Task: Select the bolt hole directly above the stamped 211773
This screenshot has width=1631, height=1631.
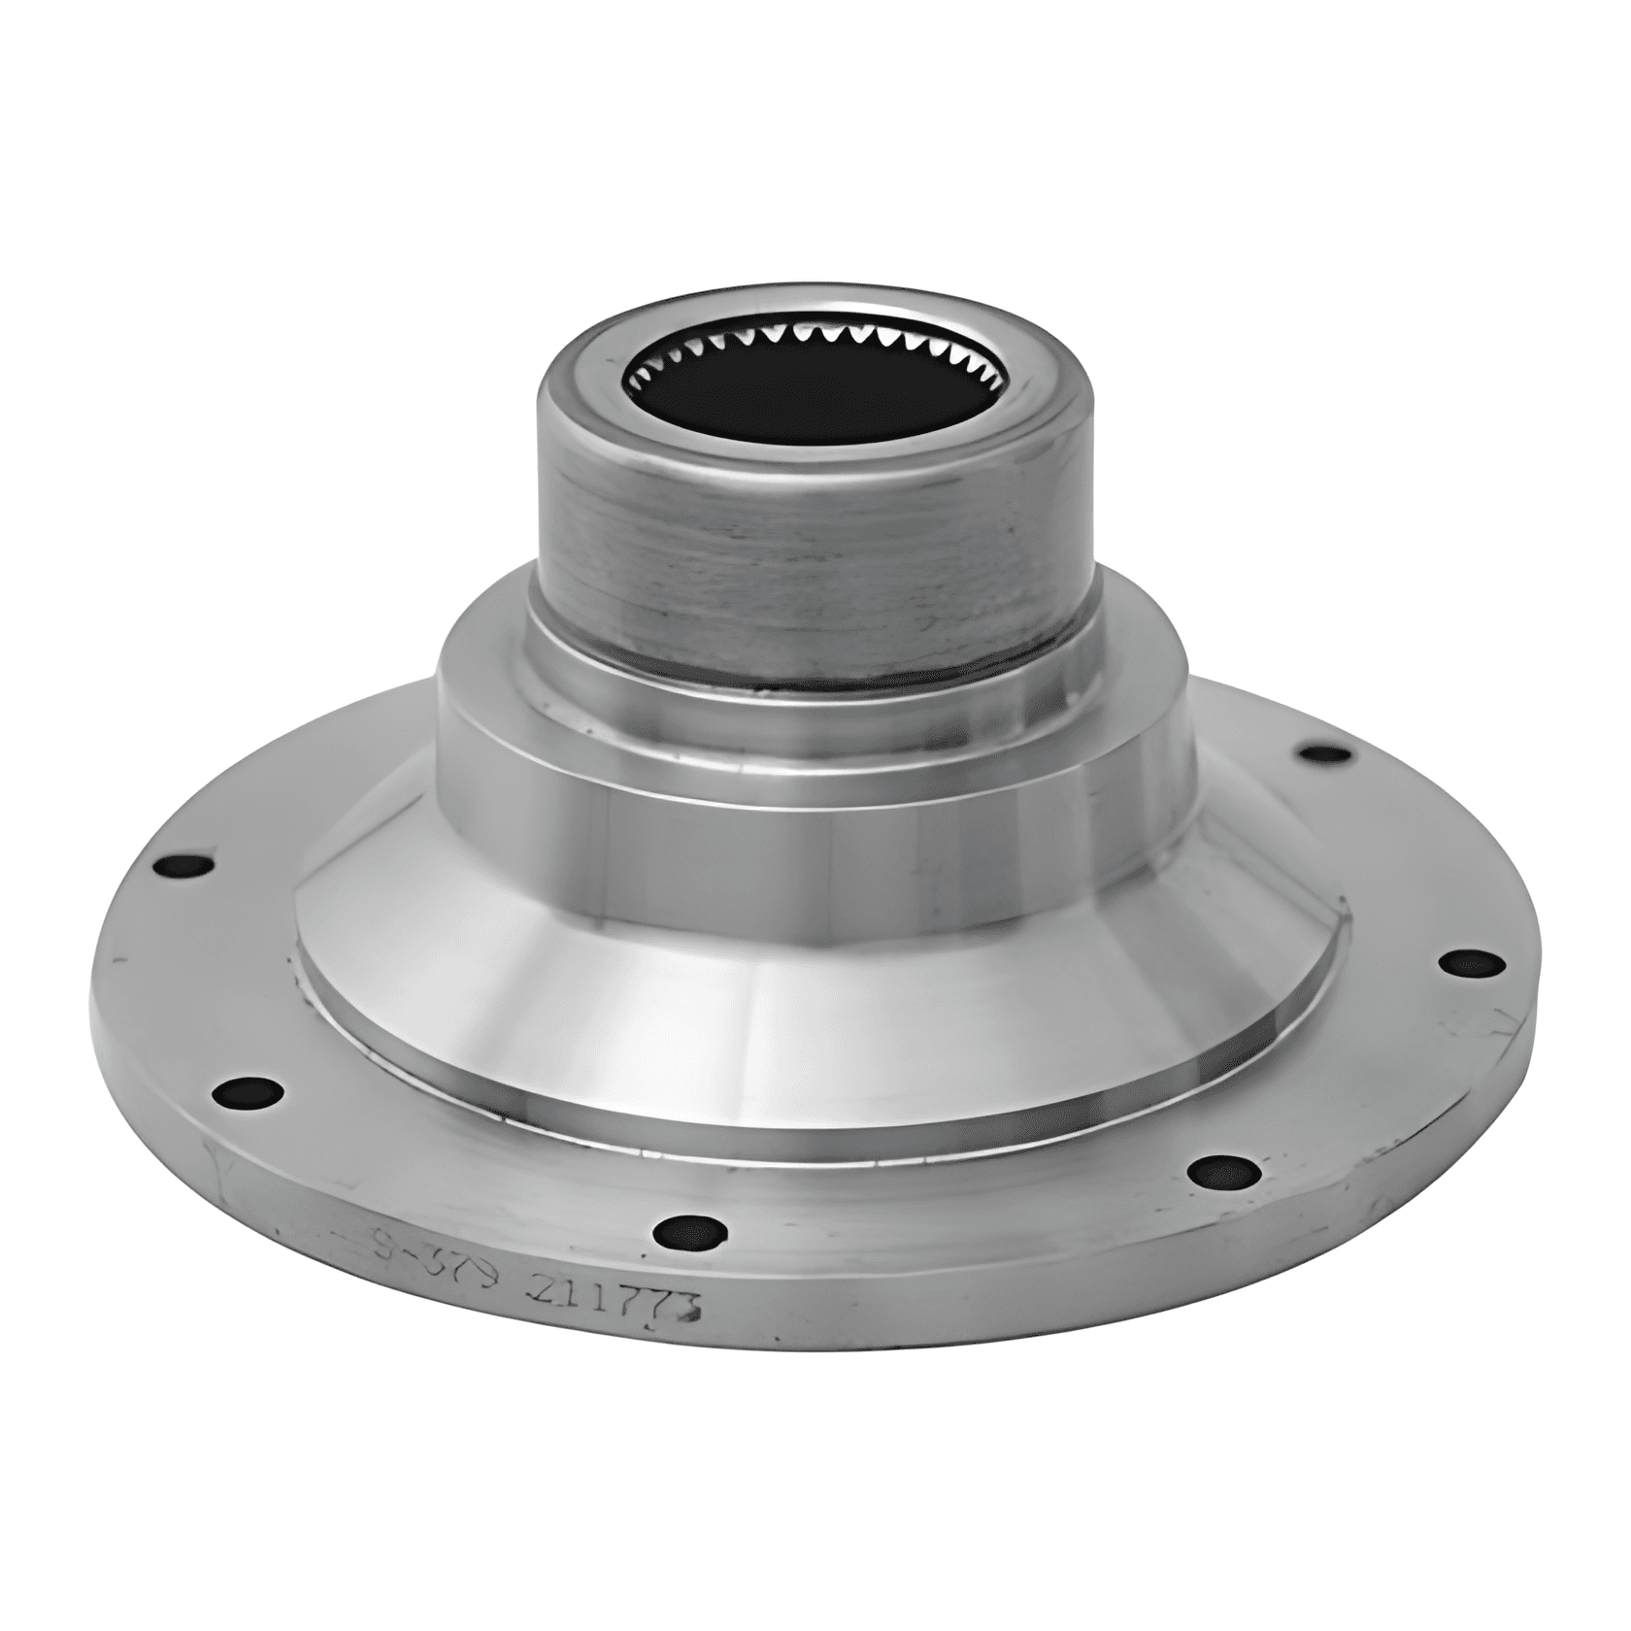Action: pos(690,1233)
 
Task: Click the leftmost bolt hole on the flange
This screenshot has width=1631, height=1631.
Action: pos(183,866)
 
